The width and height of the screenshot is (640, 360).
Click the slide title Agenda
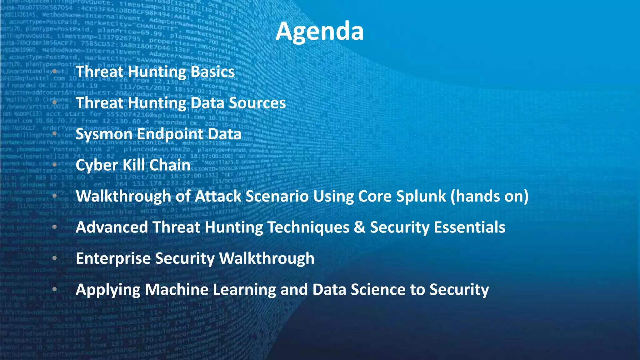click(319, 31)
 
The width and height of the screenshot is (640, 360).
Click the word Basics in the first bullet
click(212, 72)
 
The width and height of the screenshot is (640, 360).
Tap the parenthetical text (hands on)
click(489, 196)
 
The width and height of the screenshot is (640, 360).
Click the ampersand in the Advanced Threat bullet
click(360, 227)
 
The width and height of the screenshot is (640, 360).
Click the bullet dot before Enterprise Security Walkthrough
click(55, 258)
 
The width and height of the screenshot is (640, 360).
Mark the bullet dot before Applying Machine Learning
click(55, 289)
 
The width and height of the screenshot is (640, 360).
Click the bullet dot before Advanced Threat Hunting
click(55, 227)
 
